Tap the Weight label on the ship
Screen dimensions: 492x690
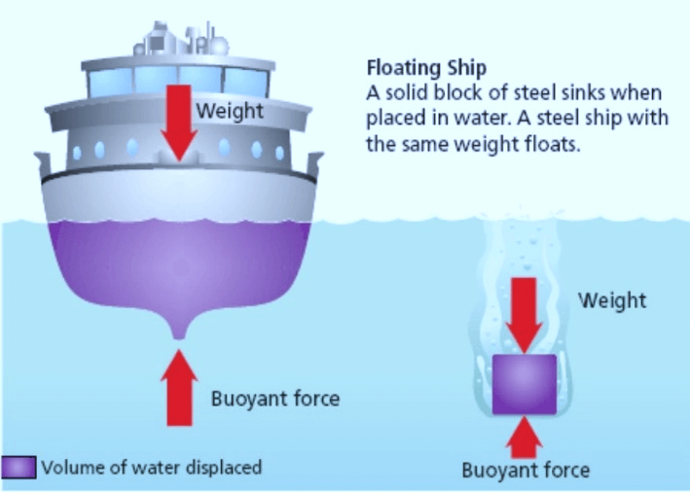point(230,111)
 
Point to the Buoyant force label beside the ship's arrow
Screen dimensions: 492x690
point(274,399)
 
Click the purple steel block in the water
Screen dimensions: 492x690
point(524,383)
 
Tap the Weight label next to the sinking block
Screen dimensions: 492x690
point(612,299)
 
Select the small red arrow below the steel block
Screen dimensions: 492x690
point(524,436)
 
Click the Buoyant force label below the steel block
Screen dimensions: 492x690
point(526,471)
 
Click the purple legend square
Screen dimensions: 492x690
point(19,468)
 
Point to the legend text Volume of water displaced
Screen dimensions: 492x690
point(151,468)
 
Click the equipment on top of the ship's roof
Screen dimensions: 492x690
point(171,40)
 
